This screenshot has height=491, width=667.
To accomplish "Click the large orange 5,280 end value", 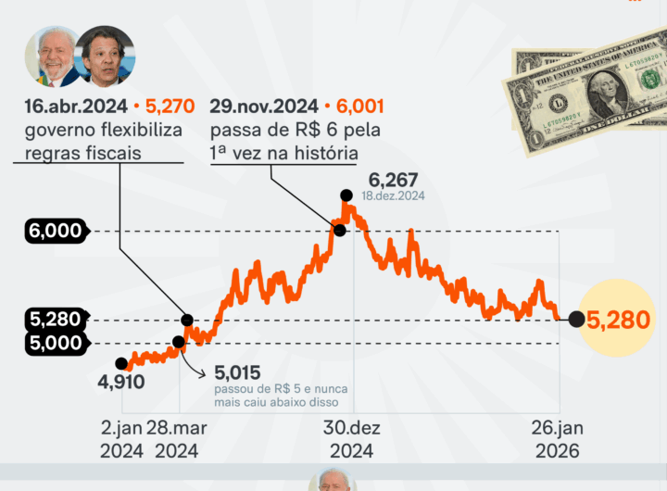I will tap(619, 321).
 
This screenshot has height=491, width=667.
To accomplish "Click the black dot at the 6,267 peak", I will tap(346, 195).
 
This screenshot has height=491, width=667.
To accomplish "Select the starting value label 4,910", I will tap(120, 382).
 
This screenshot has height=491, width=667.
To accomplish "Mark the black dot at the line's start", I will tap(121, 363).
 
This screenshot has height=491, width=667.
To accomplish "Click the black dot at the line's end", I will tap(575, 320).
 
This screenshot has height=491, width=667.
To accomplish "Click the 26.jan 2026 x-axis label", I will tap(556, 440).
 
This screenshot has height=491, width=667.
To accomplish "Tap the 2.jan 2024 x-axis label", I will tap(120, 440).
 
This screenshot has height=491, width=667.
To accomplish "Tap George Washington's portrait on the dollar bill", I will tap(602, 93).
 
